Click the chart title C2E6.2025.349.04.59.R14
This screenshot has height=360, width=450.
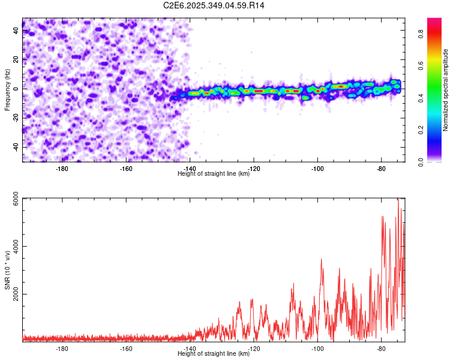click(x=214, y=5)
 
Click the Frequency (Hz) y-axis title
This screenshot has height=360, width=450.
click(x=7, y=90)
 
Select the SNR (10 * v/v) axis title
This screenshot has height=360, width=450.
click(x=7, y=269)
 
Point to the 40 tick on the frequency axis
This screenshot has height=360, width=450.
click(x=16, y=29)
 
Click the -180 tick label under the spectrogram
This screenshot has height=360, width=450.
click(x=62, y=169)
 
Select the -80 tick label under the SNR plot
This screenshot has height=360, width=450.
click(x=380, y=349)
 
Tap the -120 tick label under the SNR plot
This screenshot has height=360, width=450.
click(x=253, y=349)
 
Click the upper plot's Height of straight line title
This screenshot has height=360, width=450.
click(x=214, y=173)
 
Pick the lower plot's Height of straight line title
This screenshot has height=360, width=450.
click(x=214, y=353)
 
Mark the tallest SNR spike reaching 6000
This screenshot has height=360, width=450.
click(x=398, y=200)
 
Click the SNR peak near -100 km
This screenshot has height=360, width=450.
click(x=322, y=260)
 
